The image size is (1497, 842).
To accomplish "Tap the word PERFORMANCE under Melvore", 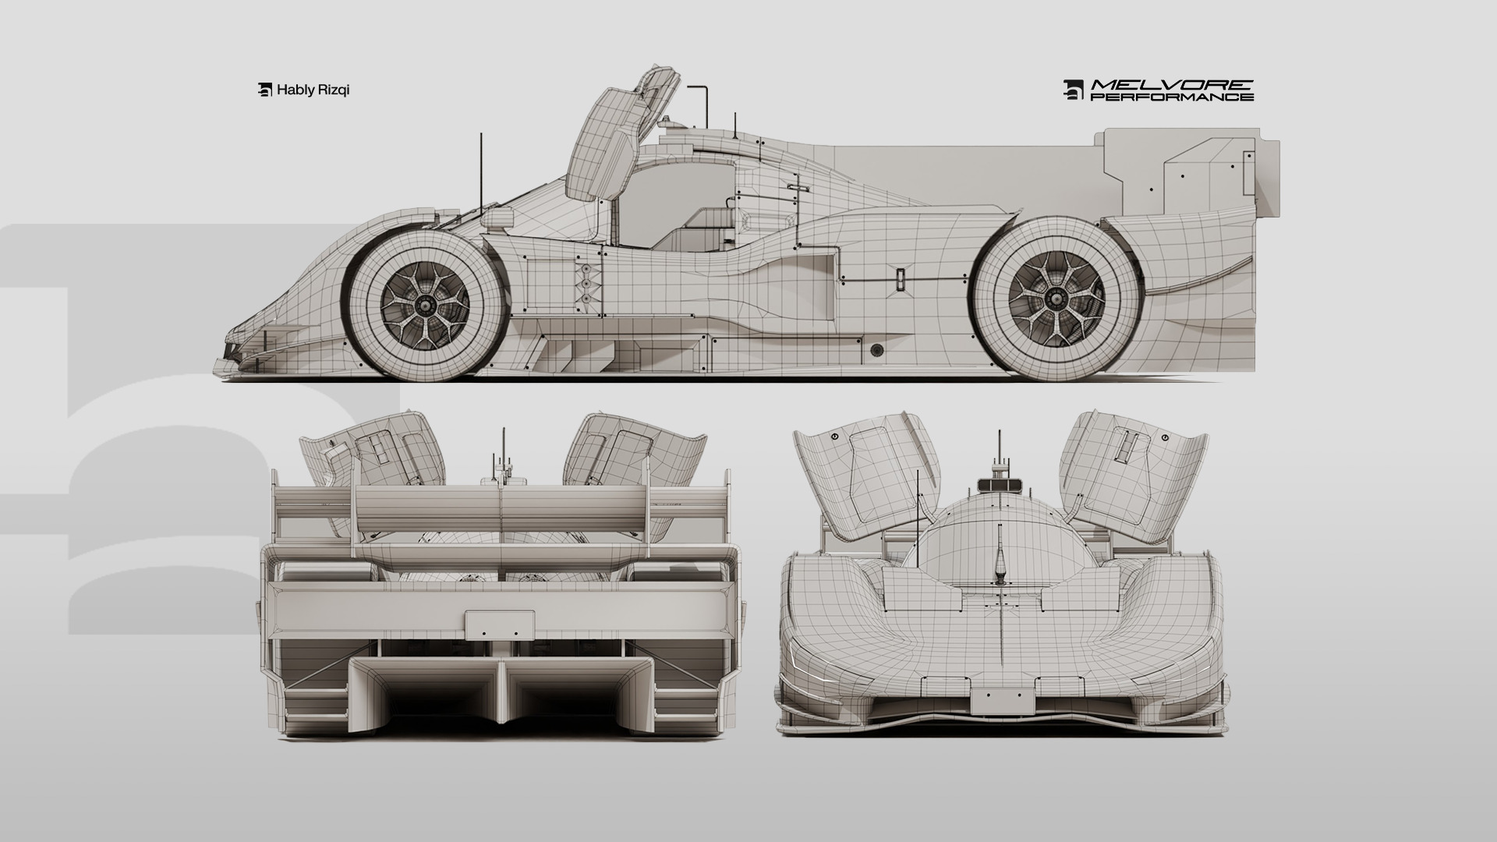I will (x=1171, y=97).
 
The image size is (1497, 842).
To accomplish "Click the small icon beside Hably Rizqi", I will (x=264, y=90).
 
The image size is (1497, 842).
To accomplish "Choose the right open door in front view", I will (x=1134, y=476).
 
